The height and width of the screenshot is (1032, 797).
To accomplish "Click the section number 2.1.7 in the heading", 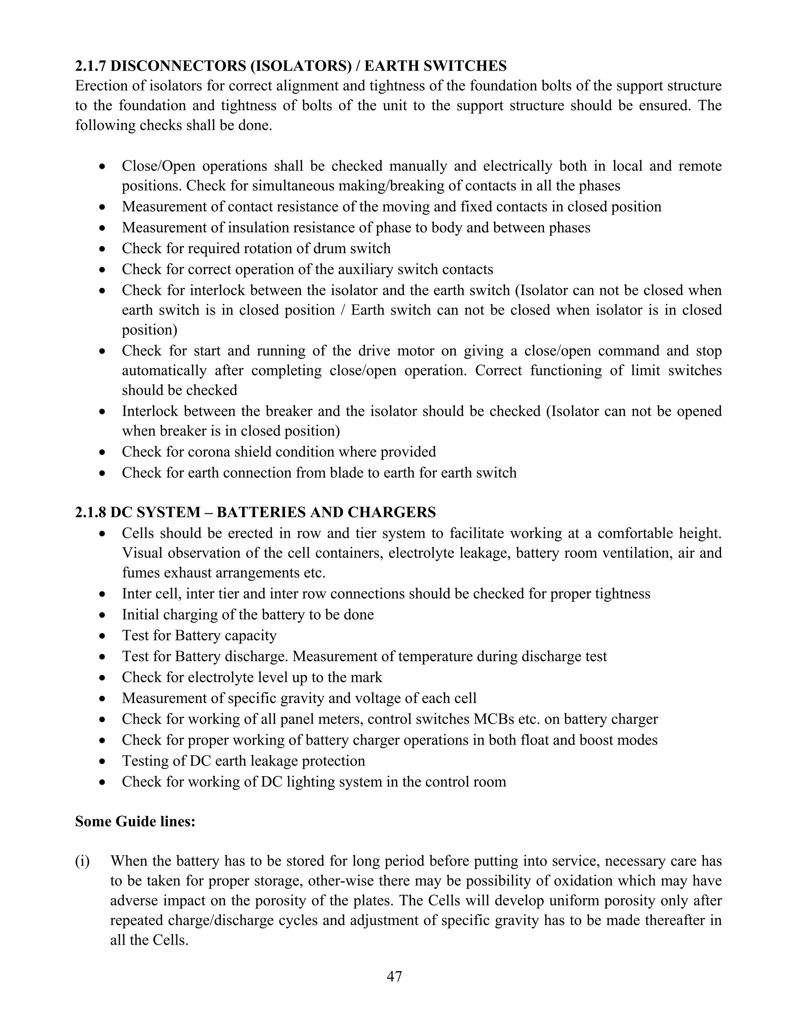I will (91, 66).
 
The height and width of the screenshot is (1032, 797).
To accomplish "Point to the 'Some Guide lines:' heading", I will (135, 822).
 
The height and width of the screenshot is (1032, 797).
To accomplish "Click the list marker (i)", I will (82, 861).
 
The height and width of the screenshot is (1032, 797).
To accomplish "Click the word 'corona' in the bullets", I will (209, 452).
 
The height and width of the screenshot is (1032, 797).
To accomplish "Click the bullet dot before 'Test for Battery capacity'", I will (102, 636).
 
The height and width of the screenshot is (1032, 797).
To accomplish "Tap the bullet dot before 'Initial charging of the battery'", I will (102, 615).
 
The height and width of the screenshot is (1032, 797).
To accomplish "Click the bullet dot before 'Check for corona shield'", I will (102, 452).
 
